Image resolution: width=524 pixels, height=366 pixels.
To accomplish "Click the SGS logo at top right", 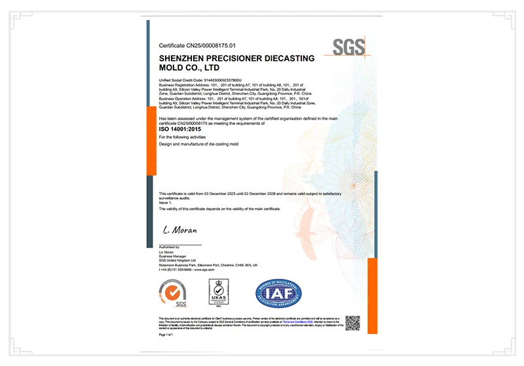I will tap(348, 47).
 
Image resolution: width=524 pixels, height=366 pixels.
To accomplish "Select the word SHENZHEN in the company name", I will tap(185, 59).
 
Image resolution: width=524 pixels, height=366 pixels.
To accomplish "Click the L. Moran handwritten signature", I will tap(180, 230).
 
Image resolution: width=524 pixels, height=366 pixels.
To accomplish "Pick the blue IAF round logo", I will tap(278, 293).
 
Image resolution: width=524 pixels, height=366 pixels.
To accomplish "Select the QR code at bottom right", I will tap(353, 322).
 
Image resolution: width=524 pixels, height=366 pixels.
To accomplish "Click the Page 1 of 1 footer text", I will tap(167, 335).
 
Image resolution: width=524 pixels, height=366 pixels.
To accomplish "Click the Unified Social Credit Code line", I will tap(196, 79).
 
